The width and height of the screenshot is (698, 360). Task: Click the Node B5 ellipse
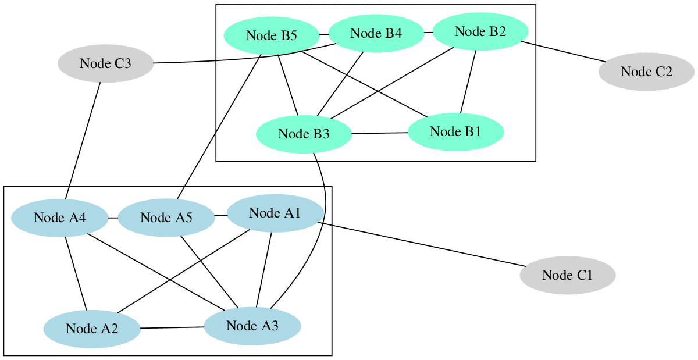pos(272,35)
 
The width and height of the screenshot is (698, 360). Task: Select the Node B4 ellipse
pos(376,33)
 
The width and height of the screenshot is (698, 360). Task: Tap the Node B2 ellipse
pos(480,31)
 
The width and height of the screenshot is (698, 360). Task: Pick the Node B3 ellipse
pos(304,134)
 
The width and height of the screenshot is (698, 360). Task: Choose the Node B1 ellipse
pos(455,131)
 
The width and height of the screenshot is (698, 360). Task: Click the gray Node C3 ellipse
pos(105,63)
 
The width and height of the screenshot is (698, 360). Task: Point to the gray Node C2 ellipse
pos(646,72)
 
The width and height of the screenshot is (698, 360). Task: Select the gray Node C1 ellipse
pos(567,275)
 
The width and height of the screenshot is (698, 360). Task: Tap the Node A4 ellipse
pos(59,218)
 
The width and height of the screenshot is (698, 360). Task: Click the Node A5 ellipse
pos(166,218)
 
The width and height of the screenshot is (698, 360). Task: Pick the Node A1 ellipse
pos(275,213)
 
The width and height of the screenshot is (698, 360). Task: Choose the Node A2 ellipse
pos(92,329)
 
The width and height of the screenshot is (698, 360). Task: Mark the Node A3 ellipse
pos(252,326)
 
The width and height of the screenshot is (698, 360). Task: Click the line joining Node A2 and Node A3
pos(172,327)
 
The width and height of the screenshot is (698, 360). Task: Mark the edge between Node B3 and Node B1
pos(379,133)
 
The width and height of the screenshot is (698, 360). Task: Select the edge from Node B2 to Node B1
pos(469,81)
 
